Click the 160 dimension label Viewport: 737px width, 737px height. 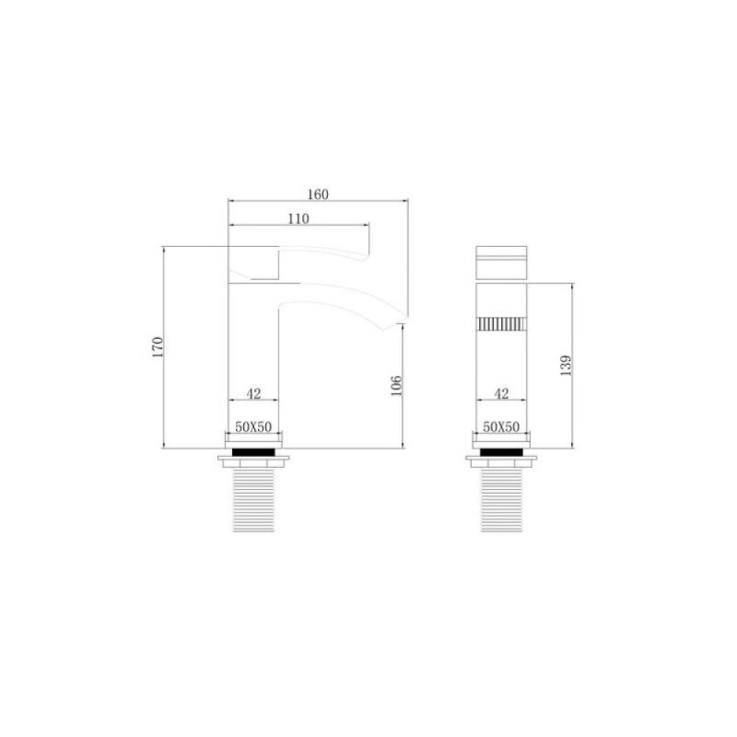click(318, 194)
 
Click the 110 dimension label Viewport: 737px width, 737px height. click(298, 218)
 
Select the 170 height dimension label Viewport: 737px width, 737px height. click(158, 347)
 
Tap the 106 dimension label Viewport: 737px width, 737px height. click(397, 385)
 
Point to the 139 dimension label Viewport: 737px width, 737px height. click(566, 365)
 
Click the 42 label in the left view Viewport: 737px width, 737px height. click(253, 393)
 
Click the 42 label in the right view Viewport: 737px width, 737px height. click(501, 393)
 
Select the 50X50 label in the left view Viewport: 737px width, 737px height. click(253, 427)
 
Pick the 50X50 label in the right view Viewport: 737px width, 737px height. click(501, 427)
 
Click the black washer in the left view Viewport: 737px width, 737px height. click(253, 452)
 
